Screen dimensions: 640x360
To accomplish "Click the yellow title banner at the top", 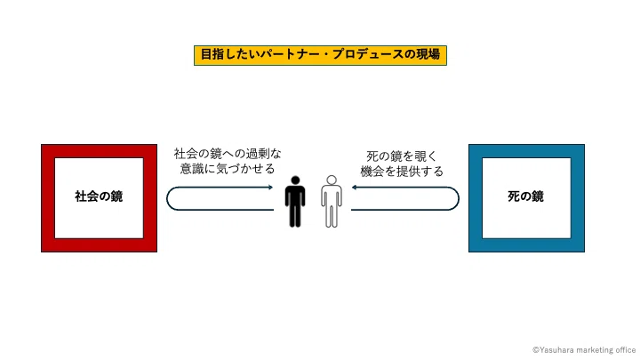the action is [x=320, y=55].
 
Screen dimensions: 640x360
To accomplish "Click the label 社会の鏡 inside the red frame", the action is [x=99, y=196].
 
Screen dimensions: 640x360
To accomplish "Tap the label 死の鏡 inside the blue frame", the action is [x=525, y=196].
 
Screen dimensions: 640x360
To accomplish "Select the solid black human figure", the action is [x=295, y=201].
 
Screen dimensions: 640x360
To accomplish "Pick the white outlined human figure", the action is [x=332, y=201].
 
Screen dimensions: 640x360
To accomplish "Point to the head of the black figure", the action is [x=295, y=180].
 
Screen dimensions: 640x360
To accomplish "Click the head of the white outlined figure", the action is [x=332, y=180].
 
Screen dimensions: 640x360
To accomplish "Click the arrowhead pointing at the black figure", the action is [x=270, y=188].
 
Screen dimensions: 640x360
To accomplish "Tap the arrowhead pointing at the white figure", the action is [x=355, y=188].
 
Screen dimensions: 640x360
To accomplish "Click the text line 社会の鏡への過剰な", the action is [x=228, y=154].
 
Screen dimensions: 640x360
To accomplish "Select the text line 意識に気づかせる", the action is [x=228, y=169].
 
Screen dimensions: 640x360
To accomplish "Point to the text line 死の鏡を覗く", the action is [x=402, y=156].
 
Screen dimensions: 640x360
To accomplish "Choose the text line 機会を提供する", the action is [x=402, y=171].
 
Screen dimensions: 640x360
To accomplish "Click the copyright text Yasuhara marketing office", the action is [x=584, y=350].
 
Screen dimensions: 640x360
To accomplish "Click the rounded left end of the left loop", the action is [x=167, y=199].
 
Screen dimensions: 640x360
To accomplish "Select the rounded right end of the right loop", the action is [x=459, y=199].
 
